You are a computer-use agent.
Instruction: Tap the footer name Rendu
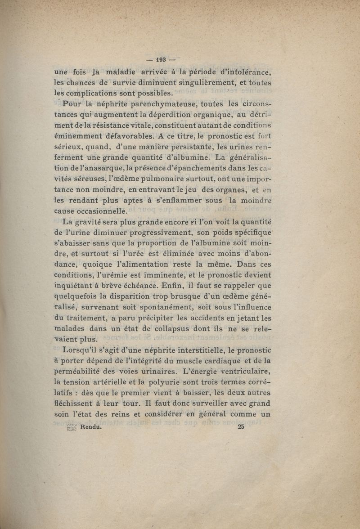pyautogui.click(x=90, y=428)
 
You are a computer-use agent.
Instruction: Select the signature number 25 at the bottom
pyautogui.click(x=240, y=427)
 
